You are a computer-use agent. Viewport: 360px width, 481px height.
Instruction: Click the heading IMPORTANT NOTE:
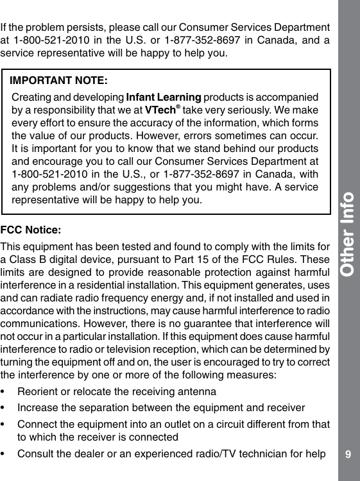pyautogui.click(x=58, y=81)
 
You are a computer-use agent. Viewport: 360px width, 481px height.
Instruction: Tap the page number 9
pyautogui.click(x=348, y=454)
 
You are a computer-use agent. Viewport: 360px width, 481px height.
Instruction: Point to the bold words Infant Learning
pyautogui.click(x=164, y=97)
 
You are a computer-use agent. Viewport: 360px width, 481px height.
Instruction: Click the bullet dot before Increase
pyautogui.click(x=6, y=408)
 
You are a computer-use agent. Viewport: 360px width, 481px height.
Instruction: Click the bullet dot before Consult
pyautogui.click(x=6, y=455)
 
